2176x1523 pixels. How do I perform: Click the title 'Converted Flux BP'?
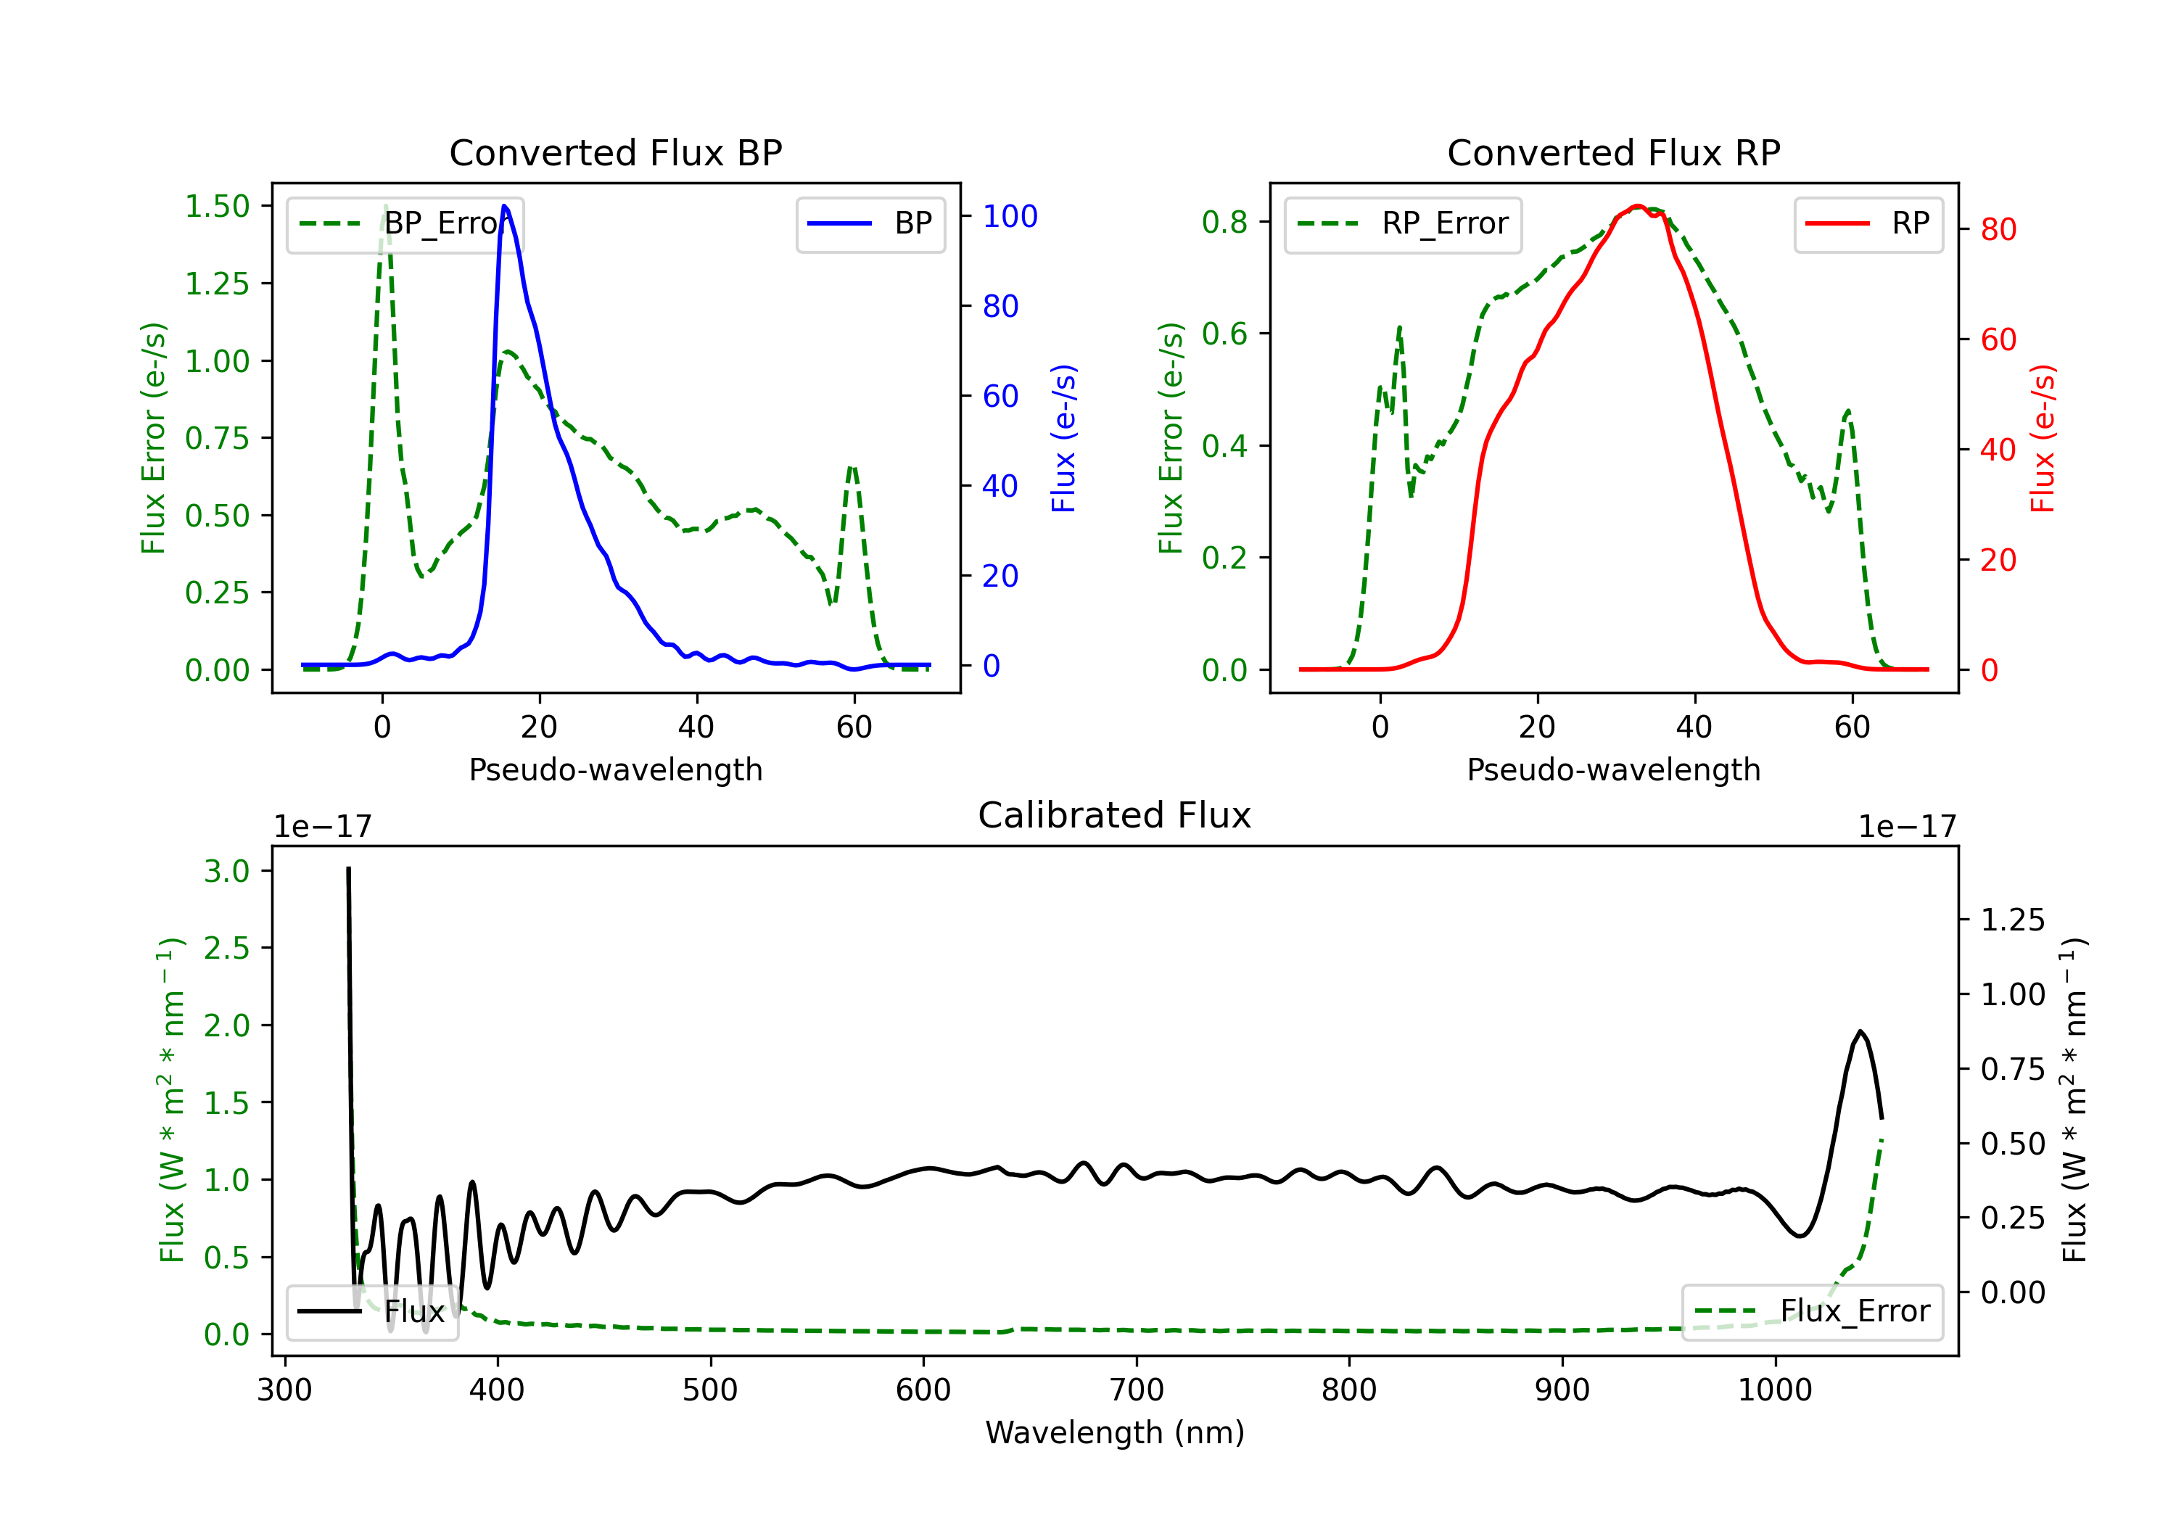(x=615, y=152)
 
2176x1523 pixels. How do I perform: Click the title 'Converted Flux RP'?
(x=1613, y=152)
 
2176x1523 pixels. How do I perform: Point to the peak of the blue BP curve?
(x=504, y=206)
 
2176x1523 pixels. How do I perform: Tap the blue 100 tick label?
(x=1010, y=216)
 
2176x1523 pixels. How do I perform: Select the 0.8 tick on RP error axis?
(x=1224, y=222)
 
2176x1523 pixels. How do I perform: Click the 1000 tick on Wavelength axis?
(x=1774, y=1390)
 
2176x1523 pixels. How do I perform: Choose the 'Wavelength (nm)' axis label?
(x=1115, y=1432)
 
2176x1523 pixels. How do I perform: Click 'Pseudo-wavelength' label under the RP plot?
(x=1613, y=769)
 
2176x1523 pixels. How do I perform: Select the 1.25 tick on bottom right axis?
(x=2012, y=920)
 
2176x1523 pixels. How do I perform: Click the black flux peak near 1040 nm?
(x=1860, y=1031)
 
